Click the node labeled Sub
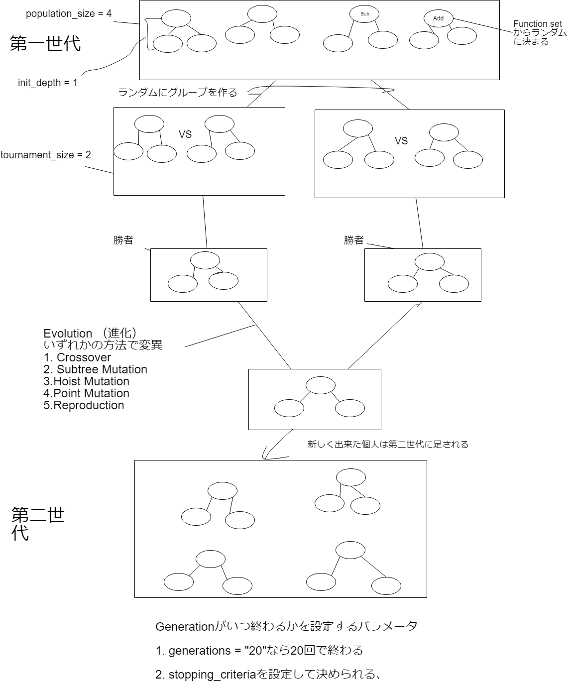364,14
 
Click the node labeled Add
438,18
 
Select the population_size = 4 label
69,14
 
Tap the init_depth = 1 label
48,83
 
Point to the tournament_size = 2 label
46,155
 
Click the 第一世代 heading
45,44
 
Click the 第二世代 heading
37,524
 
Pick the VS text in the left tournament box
185,134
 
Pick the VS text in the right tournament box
401,141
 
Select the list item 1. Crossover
77,357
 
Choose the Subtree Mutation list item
96,369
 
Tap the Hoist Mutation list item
87,381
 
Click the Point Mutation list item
87,393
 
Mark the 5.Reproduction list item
84,405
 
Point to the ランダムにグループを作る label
178,93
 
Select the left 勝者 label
123,240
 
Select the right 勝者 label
354,240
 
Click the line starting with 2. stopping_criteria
269,675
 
